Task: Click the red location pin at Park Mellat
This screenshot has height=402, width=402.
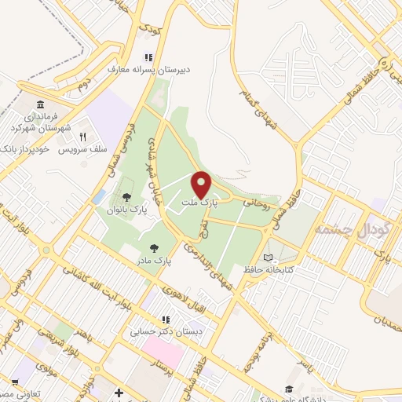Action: (x=201, y=184)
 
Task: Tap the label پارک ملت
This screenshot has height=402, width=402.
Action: (x=198, y=203)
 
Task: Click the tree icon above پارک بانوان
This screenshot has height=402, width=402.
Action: (x=127, y=197)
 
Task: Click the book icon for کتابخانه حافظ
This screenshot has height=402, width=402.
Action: (x=269, y=257)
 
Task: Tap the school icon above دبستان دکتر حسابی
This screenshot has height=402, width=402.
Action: (x=166, y=320)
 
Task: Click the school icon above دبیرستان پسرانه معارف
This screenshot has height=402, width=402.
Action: (x=147, y=57)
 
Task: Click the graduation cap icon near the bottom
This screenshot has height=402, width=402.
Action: (x=288, y=389)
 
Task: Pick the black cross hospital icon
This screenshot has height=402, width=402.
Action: (x=118, y=393)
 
